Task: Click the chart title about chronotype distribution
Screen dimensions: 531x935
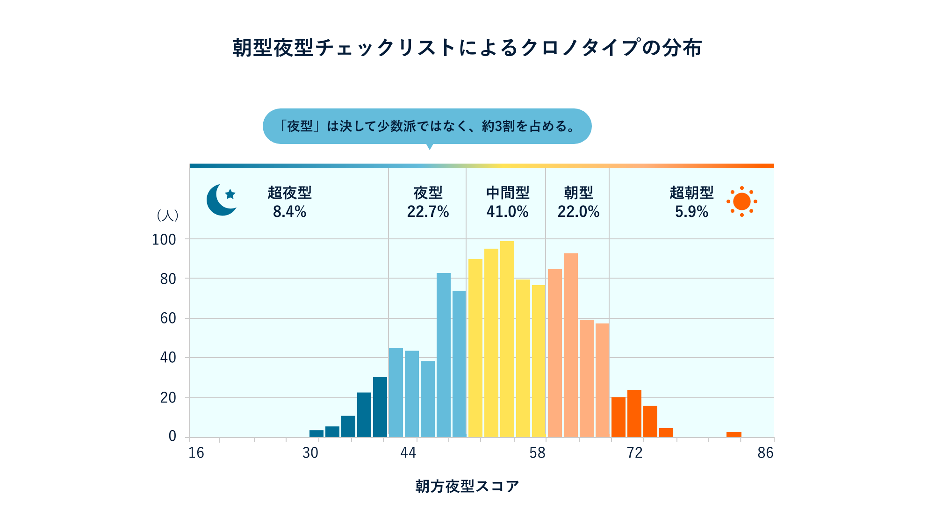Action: (x=467, y=48)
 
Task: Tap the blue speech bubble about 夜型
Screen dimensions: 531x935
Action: (x=427, y=126)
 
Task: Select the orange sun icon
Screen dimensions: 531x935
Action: (x=741, y=201)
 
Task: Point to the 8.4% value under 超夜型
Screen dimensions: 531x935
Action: (x=289, y=212)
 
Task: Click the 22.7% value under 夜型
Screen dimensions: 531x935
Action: (x=428, y=212)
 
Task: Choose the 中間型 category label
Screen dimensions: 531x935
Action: (x=507, y=193)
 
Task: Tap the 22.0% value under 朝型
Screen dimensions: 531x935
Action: (x=578, y=212)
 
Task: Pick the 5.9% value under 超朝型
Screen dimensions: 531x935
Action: (x=691, y=212)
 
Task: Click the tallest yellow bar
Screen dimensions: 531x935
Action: (x=507, y=339)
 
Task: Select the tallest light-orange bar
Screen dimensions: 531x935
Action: (x=570, y=345)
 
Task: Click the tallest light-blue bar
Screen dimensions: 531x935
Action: (x=443, y=355)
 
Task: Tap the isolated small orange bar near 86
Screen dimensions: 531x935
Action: (x=734, y=435)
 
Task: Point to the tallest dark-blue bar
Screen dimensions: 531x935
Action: (x=380, y=407)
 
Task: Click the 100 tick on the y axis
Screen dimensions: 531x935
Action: (x=164, y=240)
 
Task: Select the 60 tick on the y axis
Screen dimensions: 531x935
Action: (x=168, y=318)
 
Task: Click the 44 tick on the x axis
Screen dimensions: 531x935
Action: (x=408, y=452)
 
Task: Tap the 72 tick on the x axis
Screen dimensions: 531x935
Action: (x=634, y=452)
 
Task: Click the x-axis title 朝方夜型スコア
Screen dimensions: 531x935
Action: (x=467, y=486)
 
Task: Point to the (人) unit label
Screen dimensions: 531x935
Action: (x=167, y=215)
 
